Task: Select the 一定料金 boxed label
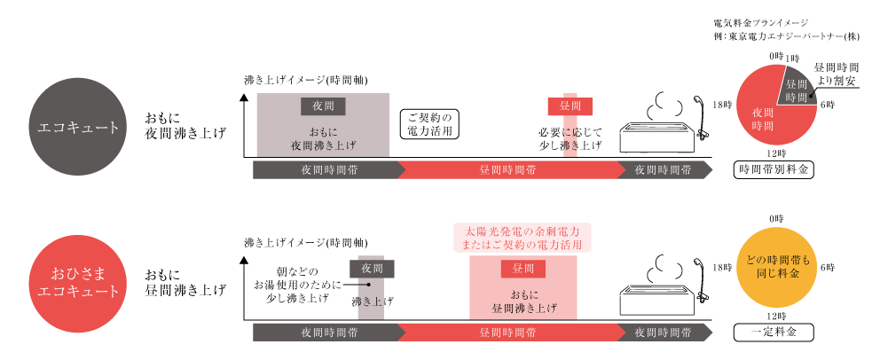[775, 333]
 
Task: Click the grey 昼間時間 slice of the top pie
[795, 90]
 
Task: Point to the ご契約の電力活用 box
[431, 124]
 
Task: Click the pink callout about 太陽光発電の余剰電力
[522, 237]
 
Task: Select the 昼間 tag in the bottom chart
[522, 268]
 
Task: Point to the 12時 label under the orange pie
[775, 316]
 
